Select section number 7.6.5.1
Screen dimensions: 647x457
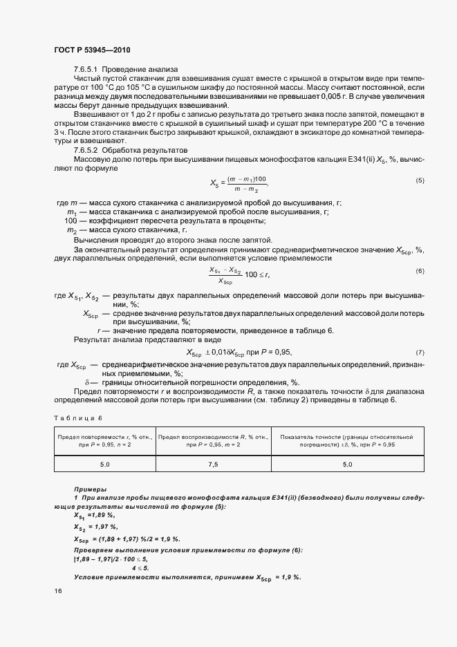(x=88, y=70)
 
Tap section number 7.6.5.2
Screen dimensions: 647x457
(x=88, y=151)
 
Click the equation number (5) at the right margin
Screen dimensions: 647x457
(x=420, y=180)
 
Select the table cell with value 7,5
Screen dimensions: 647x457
(x=214, y=465)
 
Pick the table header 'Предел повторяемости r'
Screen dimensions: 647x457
(x=104, y=437)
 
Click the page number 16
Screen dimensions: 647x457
(x=57, y=591)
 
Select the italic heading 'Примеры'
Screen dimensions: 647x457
(x=90, y=489)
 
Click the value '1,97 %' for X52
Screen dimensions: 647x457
(x=102, y=527)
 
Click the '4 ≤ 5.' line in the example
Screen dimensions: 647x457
(x=142, y=568)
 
